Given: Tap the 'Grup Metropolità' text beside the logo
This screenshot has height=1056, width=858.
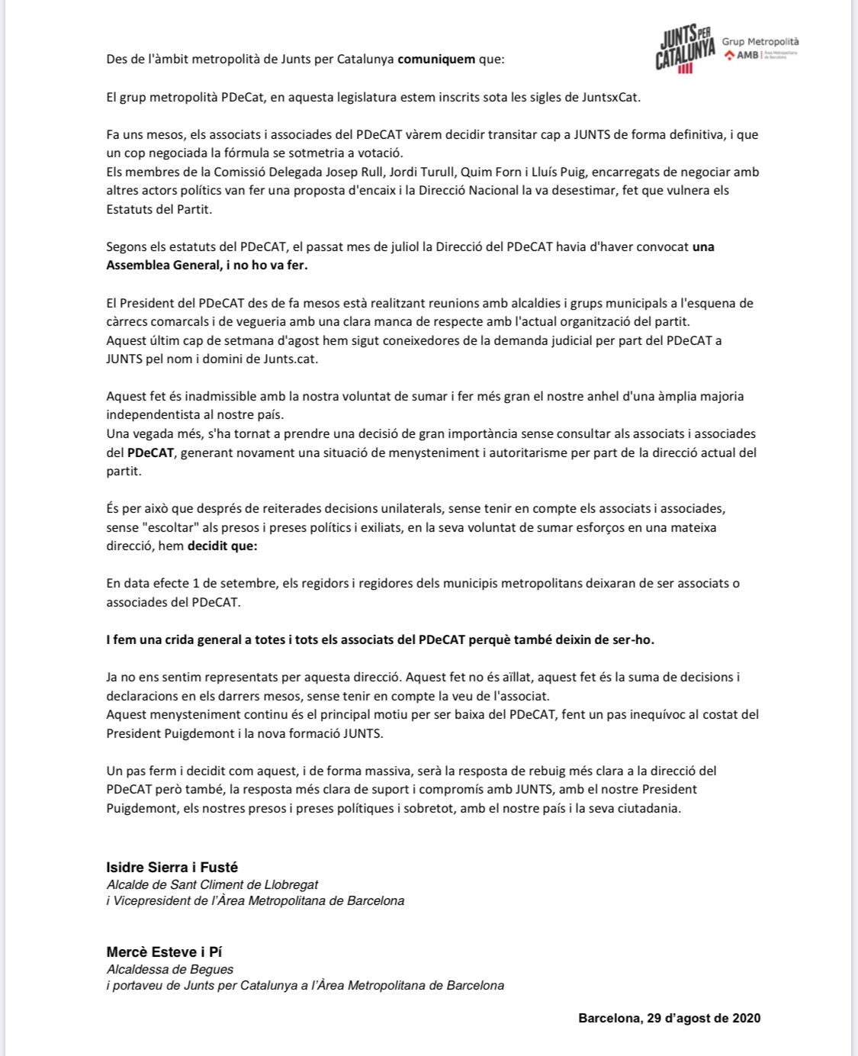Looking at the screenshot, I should [x=760, y=42].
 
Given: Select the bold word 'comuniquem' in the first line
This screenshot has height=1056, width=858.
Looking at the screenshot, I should [x=436, y=60].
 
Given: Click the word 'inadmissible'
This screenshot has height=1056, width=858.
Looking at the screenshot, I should [x=201, y=396].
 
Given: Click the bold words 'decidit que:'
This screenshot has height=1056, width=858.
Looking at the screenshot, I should [x=223, y=546].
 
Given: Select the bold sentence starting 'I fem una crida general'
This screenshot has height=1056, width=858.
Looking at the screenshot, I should [x=380, y=639].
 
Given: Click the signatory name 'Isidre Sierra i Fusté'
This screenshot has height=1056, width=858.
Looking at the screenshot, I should [x=172, y=867].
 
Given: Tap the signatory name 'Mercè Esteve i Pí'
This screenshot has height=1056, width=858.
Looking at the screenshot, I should [x=163, y=951].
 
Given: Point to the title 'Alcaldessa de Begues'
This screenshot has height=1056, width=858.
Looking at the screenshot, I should [x=170, y=969].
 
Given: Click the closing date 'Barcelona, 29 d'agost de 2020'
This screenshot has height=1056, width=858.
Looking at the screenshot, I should [x=669, y=1018].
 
